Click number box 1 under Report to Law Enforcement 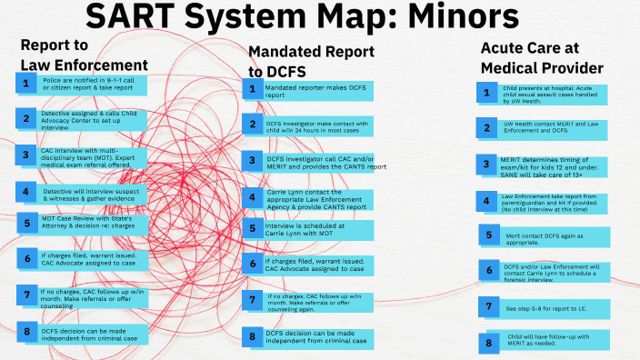(27, 84)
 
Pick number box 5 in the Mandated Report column (254, 228)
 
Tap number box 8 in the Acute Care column (488, 342)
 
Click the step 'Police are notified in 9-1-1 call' (98, 84)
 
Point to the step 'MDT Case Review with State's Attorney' (98, 224)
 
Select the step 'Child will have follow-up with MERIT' (555, 342)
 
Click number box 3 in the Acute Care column (488, 164)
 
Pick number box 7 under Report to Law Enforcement (27, 295)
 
